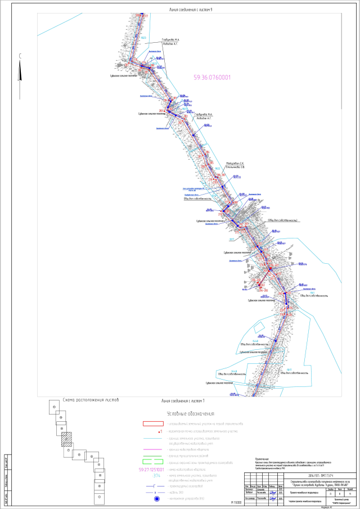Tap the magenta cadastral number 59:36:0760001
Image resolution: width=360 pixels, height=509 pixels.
212,78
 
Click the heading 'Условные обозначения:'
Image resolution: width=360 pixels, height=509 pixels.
195,413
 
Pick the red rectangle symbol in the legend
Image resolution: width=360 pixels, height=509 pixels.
150,423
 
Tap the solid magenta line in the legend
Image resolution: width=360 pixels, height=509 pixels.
150,449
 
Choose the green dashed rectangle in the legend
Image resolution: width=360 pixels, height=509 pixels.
150,462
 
